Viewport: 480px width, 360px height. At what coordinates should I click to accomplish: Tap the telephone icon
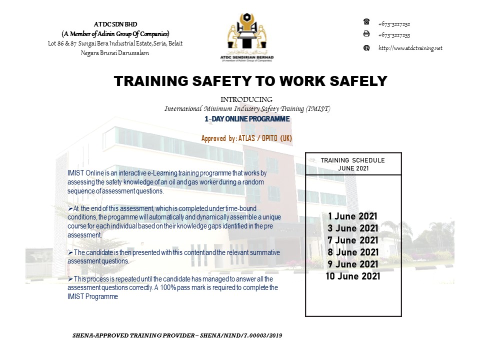(x=366, y=22)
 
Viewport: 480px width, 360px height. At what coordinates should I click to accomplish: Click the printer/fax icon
(x=366, y=34)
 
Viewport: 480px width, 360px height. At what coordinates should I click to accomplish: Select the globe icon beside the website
(x=366, y=48)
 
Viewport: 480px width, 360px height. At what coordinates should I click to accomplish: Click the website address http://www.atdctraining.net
(x=410, y=48)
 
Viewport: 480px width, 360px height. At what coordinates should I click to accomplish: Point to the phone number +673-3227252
(x=394, y=23)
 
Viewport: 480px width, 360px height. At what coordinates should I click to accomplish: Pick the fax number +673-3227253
(x=394, y=35)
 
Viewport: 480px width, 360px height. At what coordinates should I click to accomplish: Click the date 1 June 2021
(x=352, y=216)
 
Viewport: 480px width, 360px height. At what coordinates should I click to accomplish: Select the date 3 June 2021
(x=352, y=228)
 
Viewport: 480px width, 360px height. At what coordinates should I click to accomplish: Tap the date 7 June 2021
(x=352, y=240)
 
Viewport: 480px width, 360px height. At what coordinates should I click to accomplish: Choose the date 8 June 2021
(x=352, y=252)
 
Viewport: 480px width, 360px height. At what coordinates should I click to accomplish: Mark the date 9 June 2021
(x=352, y=264)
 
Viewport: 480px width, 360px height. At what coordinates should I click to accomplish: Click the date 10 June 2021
(x=352, y=276)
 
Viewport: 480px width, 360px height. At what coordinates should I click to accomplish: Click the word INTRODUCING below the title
(x=246, y=99)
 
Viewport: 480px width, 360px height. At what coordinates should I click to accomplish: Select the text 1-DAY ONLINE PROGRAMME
(x=247, y=119)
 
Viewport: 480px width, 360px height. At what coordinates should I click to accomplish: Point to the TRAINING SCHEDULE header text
(x=352, y=160)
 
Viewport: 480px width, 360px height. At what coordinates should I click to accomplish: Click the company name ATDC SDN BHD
(x=115, y=24)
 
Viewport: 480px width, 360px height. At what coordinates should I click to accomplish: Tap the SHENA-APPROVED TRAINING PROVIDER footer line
(x=177, y=335)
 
